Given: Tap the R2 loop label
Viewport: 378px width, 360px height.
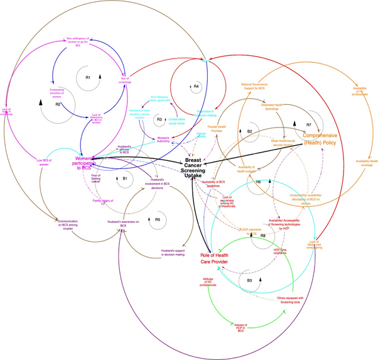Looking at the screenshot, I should (x=58, y=104).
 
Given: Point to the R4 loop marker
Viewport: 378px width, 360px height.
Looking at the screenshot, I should (x=197, y=85).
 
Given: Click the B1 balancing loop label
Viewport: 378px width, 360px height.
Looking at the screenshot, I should (x=124, y=178).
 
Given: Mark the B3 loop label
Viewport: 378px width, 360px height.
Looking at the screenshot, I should (x=249, y=280).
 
